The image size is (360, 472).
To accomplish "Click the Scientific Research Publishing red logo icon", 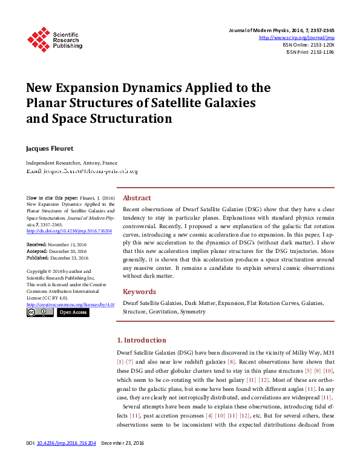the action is tap(38, 39).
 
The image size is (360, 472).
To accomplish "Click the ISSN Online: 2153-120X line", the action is tap(309, 45).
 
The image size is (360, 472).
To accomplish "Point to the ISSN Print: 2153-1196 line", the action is tap(310, 52).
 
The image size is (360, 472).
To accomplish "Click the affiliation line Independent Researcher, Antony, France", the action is tap(71, 163).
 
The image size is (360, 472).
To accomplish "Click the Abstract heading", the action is tap(137, 198).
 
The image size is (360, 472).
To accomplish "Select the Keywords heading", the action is tap(140, 291).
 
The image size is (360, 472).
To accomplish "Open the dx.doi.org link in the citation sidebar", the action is tap(69, 231).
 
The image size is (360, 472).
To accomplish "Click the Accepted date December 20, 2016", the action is tap(68, 250).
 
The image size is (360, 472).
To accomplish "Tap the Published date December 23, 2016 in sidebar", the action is tap(69, 257).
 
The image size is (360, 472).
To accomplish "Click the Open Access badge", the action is tap(73, 312).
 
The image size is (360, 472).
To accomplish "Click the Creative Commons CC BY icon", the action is tap(40, 312).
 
